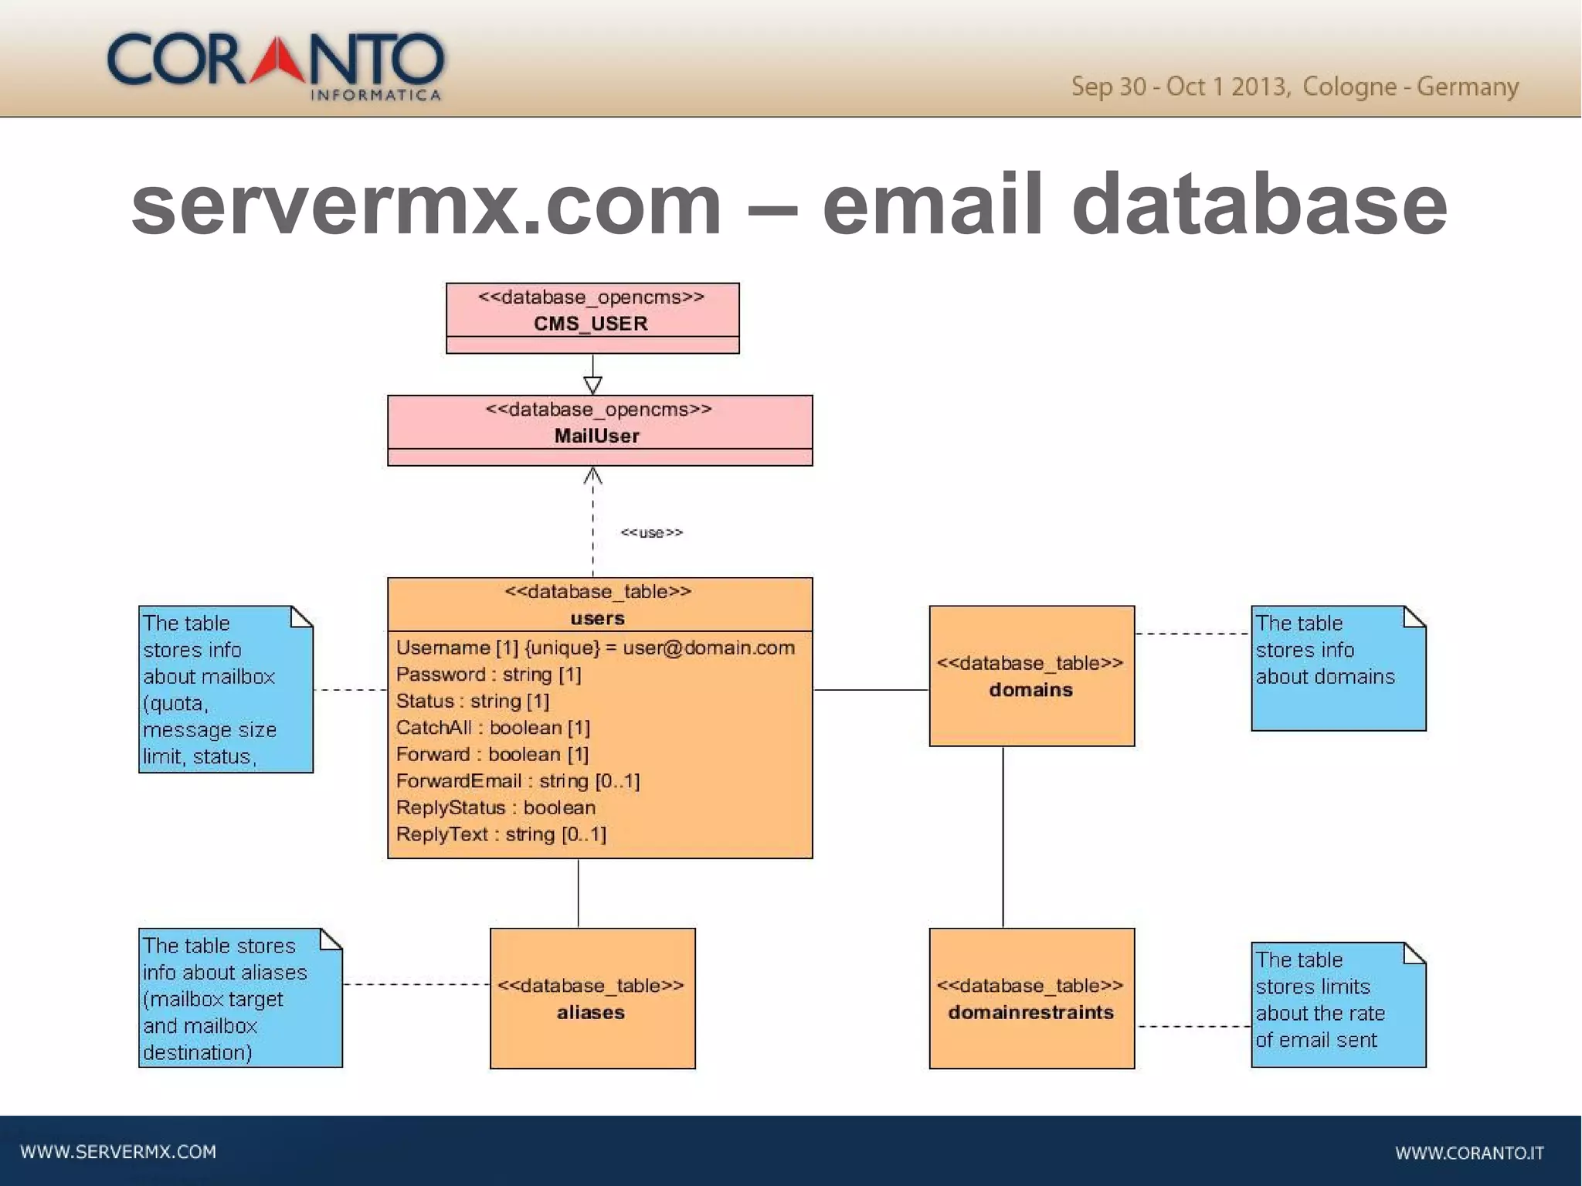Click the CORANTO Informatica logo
276,66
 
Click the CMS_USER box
592,318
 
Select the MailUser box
599,430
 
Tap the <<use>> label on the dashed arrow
651,532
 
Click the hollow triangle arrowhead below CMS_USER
592,384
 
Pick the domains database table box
1031,676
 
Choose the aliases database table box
592,998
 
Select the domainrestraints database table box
1031,998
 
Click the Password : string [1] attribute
488,675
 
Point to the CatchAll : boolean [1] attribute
493,728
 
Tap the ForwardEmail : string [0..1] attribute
518,781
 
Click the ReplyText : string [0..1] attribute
501,834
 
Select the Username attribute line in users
595,647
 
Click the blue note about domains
1338,668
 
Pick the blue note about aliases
240,998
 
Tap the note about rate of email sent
1338,1004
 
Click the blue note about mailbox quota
226,689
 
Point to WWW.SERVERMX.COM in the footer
118,1152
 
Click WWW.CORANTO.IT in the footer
1468,1153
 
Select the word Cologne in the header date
1349,87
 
